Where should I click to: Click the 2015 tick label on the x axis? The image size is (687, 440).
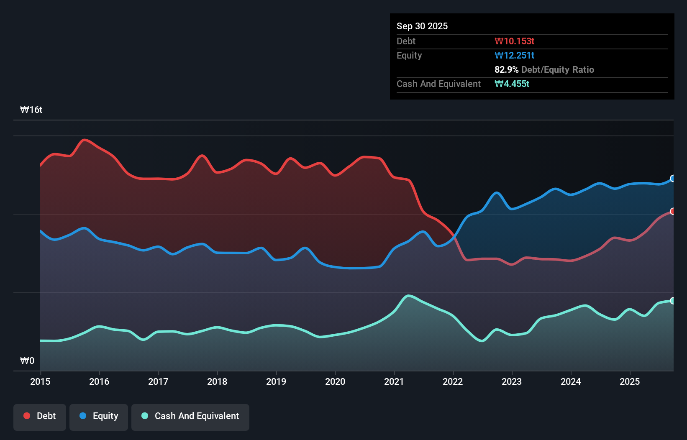pyautogui.click(x=40, y=381)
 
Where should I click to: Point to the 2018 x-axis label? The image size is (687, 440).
pyautogui.click(x=217, y=381)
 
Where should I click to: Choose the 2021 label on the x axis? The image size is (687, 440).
pyautogui.click(x=394, y=381)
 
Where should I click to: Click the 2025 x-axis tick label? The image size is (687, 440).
pyautogui.click(x=630, y=381)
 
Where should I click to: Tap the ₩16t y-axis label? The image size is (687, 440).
pyautogui.click(x=31, y=110)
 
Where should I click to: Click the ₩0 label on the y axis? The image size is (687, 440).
pyautogui.click(x=28, y=361)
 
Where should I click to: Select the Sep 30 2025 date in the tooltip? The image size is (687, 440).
pyautogui.click(x=422, y=26)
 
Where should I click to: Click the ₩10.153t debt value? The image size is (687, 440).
pyautogui.click(x=514, y=41)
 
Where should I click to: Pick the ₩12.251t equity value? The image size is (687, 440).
pyautogui.click(x=514, y=55)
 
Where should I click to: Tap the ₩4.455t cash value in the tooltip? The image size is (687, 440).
pyautogui.click(x=512, y=84)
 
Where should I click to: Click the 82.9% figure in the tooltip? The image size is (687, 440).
pyautogui.click(x=506, y=69)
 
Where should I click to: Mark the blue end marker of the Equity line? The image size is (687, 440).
pyautogui.click(x=673, y=179)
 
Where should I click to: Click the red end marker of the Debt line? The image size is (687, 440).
pyautogui.click(x=673, y=211)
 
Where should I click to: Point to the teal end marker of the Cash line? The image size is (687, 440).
pyautogui.click(x=673, y=301)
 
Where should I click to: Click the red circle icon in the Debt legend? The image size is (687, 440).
pyautogui.click(x=27, y=416)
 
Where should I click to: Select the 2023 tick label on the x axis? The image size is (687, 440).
pyautogui.click(x=512, y=381)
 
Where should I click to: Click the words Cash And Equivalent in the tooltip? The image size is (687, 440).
pyautogui.click(x=438, y=84)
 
